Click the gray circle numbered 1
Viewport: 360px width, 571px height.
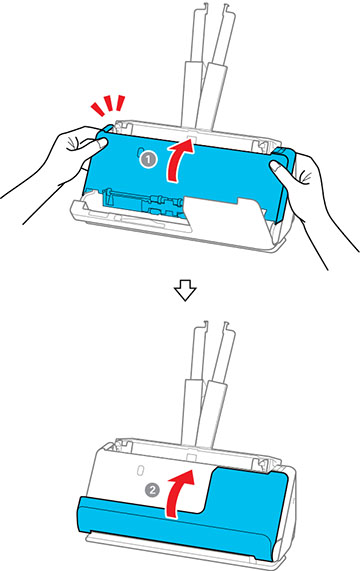(149, 160)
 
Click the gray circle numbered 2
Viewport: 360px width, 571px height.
(152, 490)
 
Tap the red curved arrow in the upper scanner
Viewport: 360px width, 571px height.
(179, 160)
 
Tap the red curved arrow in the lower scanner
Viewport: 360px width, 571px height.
(179, 492)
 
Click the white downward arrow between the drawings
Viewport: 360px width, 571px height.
(185, 292)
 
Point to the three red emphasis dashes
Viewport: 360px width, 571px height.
(108, 105)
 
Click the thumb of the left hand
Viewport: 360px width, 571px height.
(97, 143)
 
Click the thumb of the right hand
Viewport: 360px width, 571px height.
(279, 169)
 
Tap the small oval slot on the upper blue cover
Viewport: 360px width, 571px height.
(140, 152)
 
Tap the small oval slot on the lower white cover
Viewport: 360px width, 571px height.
(139, 470)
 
